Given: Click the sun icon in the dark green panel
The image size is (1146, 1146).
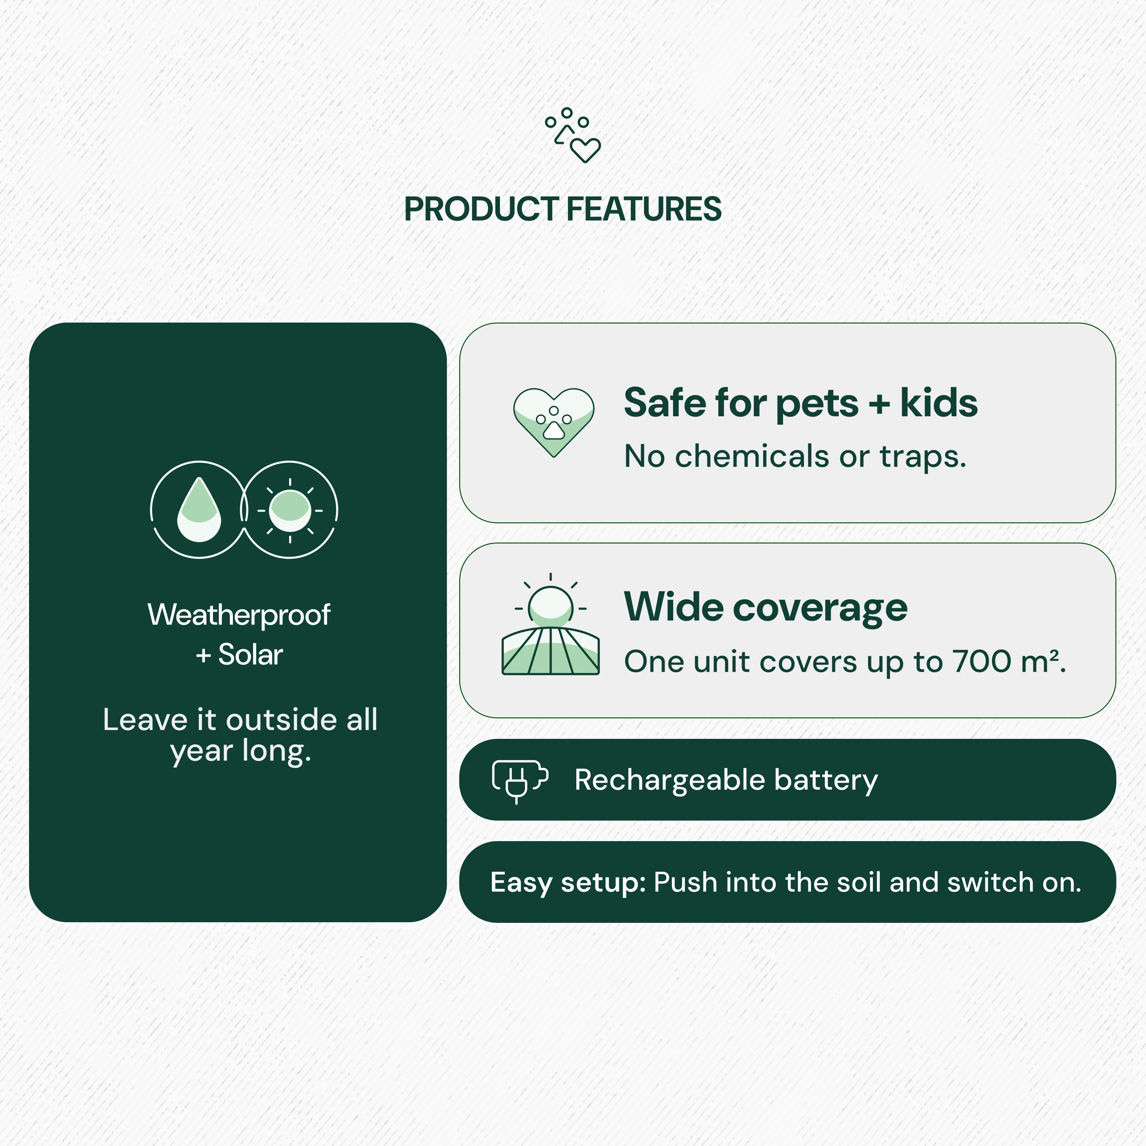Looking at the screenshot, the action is pyautogui.click(x=289, y=510).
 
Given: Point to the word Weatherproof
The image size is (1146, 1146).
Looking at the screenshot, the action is pyautogui.click(x=239, y=615).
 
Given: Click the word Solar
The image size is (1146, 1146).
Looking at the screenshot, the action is pyautogui.click(x=250, y=655).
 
